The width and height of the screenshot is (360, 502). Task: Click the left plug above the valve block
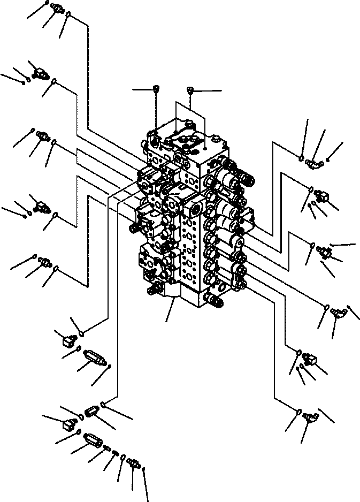click(x=156, y=88)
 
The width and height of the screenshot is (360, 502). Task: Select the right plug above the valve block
click(x=190, y=90)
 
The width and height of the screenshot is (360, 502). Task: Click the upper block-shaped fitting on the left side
click(x=40, y=72)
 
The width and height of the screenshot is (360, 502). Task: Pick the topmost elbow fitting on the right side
click(x=314, y=160)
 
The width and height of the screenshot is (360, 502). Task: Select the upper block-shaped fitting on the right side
click(x=320, y=195)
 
